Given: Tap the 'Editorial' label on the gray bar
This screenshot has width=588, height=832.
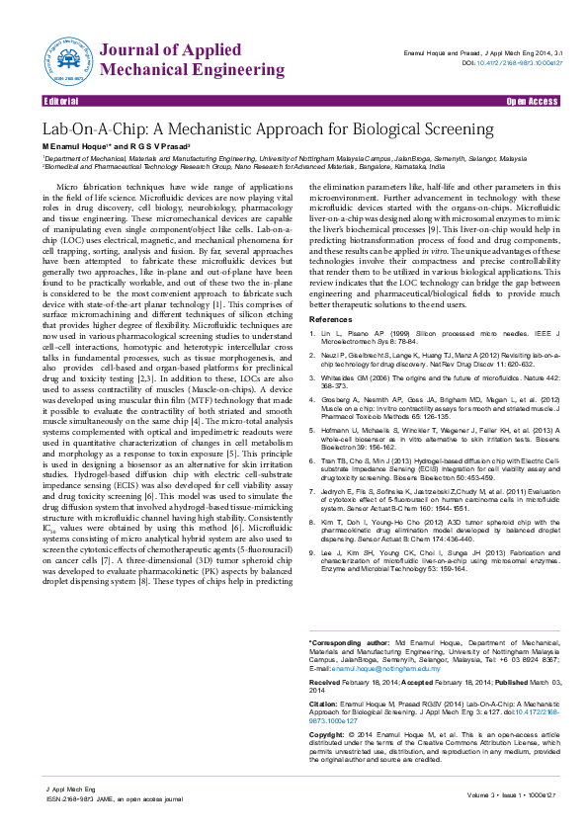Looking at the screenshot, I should (61, 102).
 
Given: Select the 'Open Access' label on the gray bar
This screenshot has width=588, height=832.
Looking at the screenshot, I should (532, 102).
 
